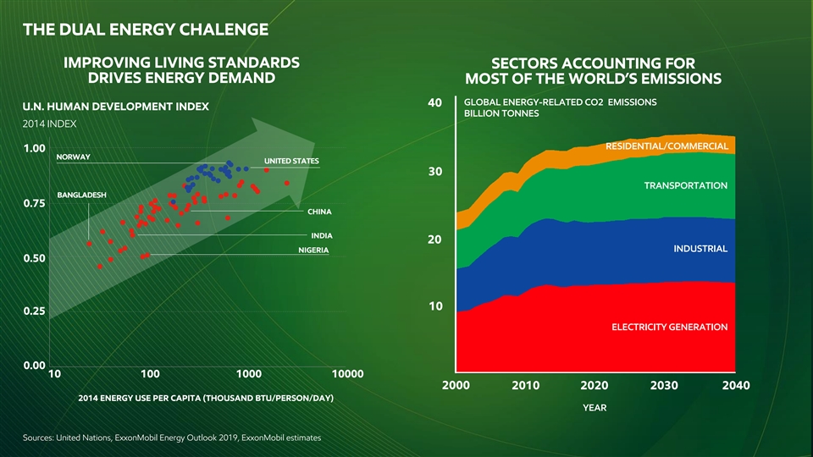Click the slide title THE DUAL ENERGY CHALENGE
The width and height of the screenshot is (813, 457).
(x=146, y=31)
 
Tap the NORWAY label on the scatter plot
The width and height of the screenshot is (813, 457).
(x=73, y=157)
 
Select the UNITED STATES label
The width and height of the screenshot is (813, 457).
(x=291, y=161)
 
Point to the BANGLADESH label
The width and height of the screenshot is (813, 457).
(x=81, y=195)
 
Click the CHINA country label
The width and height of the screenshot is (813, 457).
(x=319, y=211)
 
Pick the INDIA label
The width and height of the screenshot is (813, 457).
(x=321, y=235)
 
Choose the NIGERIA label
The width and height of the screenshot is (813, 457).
(x=313, y=251)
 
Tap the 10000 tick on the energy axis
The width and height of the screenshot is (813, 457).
(x=347, y=373)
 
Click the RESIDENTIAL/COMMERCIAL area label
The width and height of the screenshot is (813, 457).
(x=667, y=147)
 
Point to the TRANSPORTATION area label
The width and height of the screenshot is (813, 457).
(x=686, y=185)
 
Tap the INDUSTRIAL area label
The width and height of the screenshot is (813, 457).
(x=700, y=249)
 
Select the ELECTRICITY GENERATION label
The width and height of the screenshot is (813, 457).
(x=669, y=327)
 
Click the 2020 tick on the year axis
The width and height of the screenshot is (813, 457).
(x=595, y=386)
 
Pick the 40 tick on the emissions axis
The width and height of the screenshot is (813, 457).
(x=434, y=103)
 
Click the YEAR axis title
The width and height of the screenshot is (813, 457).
(x=594, y=408)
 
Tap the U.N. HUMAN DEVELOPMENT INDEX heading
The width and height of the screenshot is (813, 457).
(x=116, y=107)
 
